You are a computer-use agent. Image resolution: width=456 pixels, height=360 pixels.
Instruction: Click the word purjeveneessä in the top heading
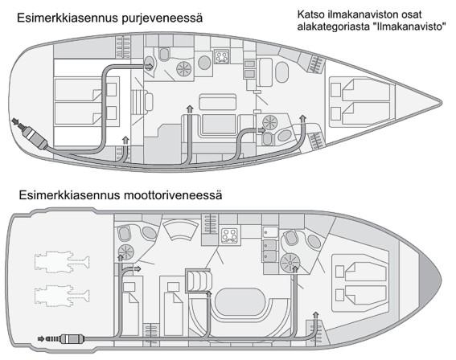162,18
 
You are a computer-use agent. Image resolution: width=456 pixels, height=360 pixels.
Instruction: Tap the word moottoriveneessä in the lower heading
173,195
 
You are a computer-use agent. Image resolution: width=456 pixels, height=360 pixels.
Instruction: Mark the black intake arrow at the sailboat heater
14,121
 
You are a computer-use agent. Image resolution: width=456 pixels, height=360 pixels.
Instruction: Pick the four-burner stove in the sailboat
222,56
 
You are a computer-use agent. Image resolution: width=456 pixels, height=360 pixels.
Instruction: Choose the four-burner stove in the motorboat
229,235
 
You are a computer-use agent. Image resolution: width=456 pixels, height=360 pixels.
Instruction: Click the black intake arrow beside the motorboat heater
41,339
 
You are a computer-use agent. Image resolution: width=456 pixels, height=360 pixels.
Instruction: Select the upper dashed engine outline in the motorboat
62,262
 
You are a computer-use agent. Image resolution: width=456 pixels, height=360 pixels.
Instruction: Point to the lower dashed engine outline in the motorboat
62,296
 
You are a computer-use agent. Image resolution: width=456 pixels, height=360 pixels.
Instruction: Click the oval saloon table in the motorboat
240,301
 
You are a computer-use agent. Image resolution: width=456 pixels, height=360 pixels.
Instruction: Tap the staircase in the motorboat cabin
199,280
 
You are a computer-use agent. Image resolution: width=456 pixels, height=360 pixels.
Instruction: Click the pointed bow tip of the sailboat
442,103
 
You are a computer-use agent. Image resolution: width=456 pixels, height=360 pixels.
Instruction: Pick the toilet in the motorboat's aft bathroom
124,233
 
